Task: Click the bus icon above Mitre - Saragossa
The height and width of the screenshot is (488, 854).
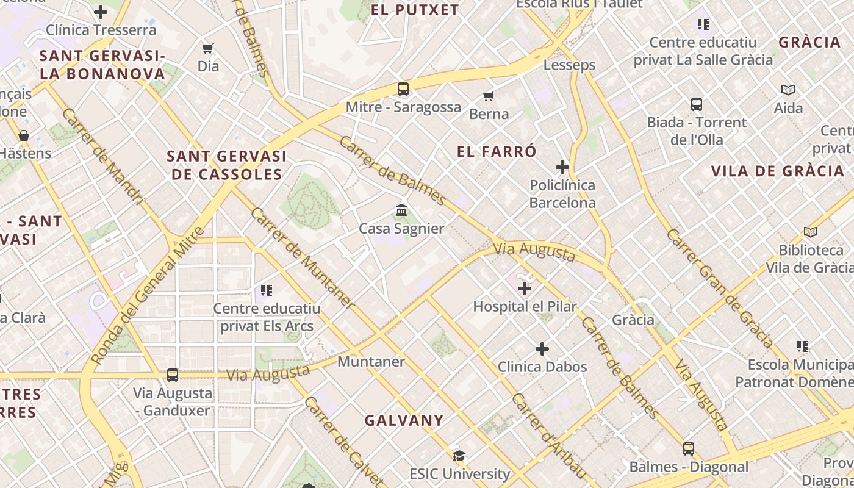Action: [x=403, y=89]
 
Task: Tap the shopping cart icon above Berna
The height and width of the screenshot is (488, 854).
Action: [x=488, y=96]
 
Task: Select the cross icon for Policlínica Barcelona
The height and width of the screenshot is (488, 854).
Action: [x=562, y=167]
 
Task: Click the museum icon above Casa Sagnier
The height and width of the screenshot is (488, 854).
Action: [x=401, y=210]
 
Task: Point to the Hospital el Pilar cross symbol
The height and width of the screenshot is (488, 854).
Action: [x=525, y=289]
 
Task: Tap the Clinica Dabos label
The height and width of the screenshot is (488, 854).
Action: [x=542, y=367]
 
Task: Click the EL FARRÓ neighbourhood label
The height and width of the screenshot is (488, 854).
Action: [x=497, y=151]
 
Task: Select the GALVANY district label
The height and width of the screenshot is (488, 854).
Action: [x=404, y=420]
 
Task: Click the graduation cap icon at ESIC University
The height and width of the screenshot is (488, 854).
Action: [x=459, y=456]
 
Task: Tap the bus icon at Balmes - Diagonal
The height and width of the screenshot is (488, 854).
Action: [x=689, y=449]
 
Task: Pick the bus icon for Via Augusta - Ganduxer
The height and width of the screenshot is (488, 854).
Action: [x=173, y=375]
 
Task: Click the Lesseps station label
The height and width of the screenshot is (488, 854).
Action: [x=569, y=65]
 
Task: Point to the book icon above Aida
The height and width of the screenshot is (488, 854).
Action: [x=788, y=90]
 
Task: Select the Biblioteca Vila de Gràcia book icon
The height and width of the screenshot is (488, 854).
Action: [x=810, y=232]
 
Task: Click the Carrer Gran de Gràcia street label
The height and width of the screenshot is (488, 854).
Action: [x=720, y=288]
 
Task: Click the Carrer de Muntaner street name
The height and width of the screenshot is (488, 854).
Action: [x=302, y=257]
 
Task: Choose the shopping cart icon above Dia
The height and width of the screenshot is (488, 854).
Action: [x=208, y=48]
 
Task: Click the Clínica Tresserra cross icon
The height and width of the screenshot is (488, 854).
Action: [x=101, y=12]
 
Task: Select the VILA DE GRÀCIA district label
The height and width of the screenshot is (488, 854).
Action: [x=777, y=171]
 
